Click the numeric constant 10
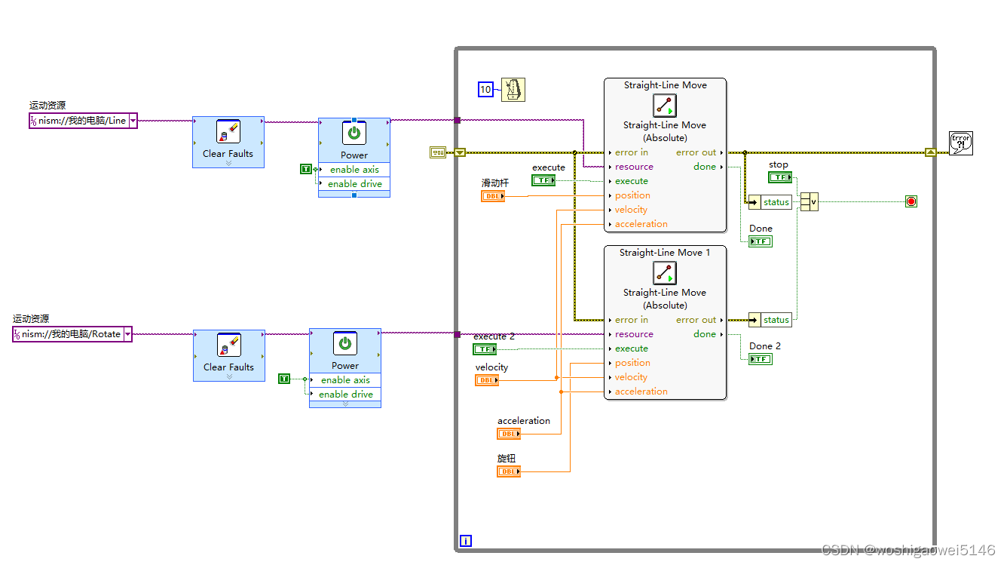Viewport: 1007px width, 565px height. click(485, 90)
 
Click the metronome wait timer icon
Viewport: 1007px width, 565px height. click(513, 90)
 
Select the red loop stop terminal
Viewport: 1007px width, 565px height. click(911, 201)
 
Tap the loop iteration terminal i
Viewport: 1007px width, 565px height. click(466, 540)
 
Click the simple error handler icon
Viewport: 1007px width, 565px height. click(960, 143)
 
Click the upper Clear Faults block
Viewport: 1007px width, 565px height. click(228, 141)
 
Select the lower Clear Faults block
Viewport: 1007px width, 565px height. click(228, 355)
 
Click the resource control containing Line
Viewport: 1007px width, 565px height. click(83, 121)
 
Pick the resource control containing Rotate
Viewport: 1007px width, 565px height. click(72, 334)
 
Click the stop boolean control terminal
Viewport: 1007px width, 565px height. click(779, 177)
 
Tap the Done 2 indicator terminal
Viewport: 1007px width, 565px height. click(760, 359)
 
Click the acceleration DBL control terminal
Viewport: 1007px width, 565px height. click(508, 434)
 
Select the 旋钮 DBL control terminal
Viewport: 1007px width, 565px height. click(508, 471)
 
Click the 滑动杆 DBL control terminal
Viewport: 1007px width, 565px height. click(493, 196)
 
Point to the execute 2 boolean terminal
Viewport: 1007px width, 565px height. click(484, 349)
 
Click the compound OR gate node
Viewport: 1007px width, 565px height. click(809, 201)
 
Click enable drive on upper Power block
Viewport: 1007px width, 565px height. click(354, 183)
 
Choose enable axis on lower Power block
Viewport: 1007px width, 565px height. click(345, 380)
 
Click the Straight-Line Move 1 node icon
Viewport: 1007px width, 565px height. click(664, 273)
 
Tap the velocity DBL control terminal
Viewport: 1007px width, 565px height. click(486, 380)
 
